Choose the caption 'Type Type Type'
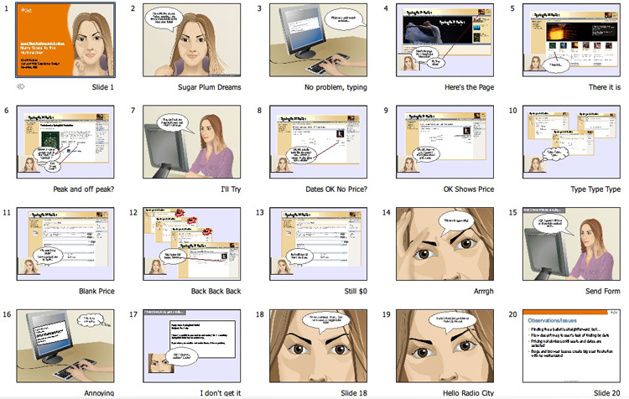(x=595, y=189)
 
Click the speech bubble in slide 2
(x=172, y=20)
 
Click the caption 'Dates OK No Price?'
(x=335, y=189)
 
